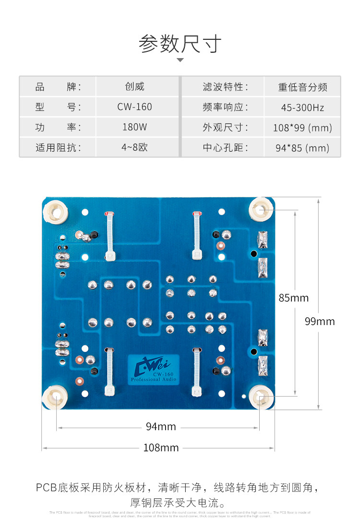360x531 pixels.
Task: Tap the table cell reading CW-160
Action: tap(134, 107)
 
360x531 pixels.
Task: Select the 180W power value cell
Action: tap(134, 127)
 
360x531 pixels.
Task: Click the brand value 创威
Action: tap(134, 87)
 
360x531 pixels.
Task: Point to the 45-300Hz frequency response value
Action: tap(302, 108)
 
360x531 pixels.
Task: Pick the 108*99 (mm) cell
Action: tap(302, 128)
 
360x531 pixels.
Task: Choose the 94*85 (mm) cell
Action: tap(302, 148)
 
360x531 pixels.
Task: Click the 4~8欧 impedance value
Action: tap(134, 147)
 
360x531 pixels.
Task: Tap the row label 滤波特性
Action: tap(225, 87)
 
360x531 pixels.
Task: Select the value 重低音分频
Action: tap(302, 87)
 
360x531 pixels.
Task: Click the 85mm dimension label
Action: tap(294, 298)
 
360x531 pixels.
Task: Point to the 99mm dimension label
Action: tap(320, 321)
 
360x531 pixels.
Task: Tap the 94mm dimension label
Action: tap(161, 426)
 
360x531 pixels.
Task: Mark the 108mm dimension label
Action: tap(161, 447)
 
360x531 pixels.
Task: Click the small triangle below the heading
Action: tap(180, 60)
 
